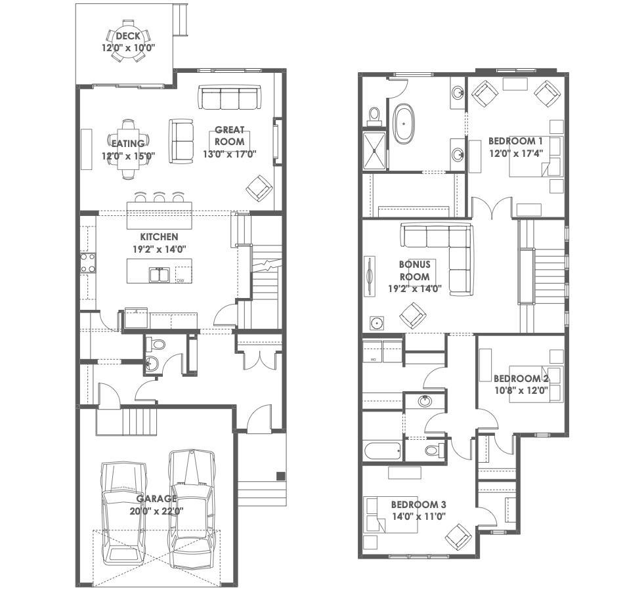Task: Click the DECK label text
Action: point(128,36)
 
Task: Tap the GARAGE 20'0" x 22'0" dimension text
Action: point(157,511)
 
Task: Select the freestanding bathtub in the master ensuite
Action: point(404,124)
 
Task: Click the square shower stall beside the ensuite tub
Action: point(375,150)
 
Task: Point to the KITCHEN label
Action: point(159,237)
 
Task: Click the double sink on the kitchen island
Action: point(160,275)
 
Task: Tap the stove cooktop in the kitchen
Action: point(88,263)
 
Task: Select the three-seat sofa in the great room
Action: point(230,97)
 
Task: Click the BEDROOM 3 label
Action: point(419,505)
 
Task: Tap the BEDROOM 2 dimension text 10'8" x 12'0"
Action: point(521,391)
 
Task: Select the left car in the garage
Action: point(124,513)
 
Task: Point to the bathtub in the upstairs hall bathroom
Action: point(383,450)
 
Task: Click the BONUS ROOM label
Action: point(415,270)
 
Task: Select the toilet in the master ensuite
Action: point(374,114)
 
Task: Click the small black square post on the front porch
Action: point(281,475)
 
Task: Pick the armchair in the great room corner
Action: point(259,188)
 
